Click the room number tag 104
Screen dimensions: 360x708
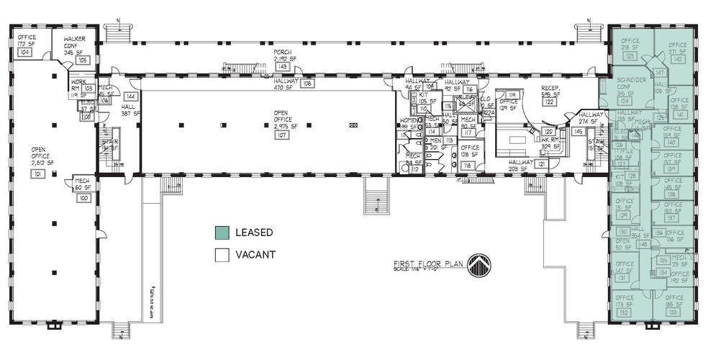24,53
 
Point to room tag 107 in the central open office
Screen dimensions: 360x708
282,135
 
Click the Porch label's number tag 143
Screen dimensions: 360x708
282,67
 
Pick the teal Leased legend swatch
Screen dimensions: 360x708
222,233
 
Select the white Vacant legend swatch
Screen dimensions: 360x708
222,254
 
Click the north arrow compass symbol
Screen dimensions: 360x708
478,266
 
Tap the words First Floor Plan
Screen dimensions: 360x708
429,263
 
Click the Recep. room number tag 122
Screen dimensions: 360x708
552,102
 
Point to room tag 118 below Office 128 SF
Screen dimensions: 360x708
468,166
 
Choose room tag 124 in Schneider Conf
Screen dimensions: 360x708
625,101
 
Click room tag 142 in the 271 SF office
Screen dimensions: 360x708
677,60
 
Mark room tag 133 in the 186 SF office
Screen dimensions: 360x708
673,312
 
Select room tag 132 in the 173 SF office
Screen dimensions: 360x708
623,313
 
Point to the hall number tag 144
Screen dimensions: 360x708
130,96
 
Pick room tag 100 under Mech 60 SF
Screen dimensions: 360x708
83,197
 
